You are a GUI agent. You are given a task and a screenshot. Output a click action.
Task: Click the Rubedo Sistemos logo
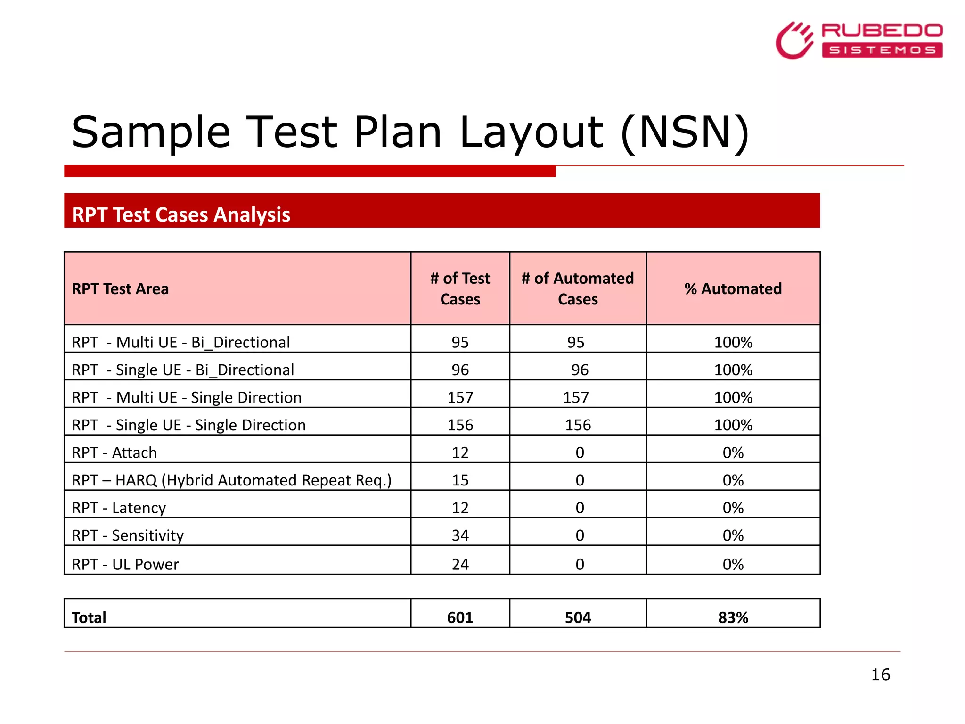click(859, 40)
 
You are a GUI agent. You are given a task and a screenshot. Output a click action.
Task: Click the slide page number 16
click(880, 675)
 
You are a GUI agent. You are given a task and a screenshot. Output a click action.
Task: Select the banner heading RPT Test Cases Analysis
click(181, 214)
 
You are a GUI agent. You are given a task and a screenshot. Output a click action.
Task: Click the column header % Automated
click(733, 288)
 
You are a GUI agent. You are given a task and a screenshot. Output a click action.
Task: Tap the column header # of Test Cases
click(460, 288)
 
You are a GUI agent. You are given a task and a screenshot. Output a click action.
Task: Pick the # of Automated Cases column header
click(578, 288)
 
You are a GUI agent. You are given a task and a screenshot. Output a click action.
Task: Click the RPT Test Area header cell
click(120, 288)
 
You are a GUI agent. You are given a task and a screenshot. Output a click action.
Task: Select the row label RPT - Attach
click(114, 452)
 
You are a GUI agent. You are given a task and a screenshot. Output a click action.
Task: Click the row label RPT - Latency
click(119, 508)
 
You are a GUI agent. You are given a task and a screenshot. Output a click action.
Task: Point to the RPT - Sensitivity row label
click(128, 535)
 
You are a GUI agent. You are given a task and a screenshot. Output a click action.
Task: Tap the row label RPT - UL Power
click(125, 564)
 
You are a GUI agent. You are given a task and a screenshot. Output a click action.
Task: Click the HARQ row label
click(231, 480)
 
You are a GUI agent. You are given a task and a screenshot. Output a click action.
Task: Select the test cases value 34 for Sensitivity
click(460, 535)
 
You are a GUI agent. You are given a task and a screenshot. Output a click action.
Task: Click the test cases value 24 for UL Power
click(460, 564)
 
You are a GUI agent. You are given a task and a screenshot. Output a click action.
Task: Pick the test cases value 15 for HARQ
click(460, 480)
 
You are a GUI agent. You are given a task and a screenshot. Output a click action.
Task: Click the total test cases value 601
click(460, 617)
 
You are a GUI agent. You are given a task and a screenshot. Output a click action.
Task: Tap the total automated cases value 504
click(578, 617)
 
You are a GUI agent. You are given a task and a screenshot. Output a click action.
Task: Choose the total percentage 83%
click(733, 617)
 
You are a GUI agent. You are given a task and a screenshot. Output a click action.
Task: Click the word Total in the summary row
click(89, 617)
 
